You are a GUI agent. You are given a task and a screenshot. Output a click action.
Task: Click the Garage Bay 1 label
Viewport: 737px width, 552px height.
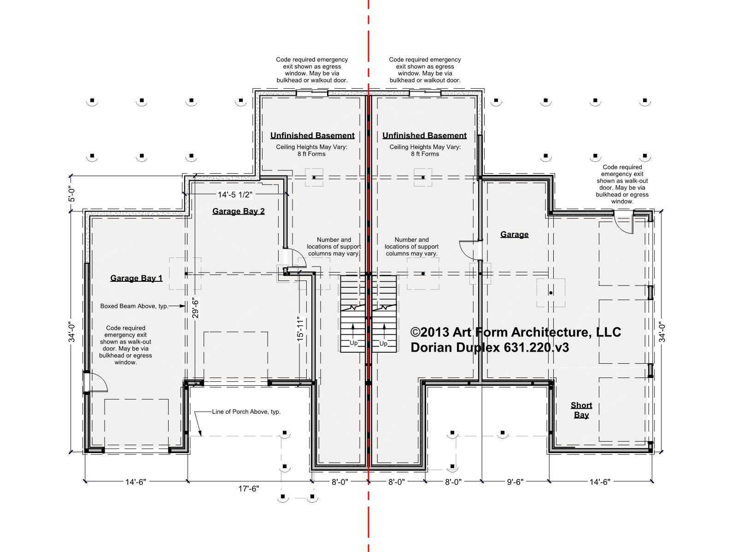136,278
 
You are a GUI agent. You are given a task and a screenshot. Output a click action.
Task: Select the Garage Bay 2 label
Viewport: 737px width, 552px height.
239,211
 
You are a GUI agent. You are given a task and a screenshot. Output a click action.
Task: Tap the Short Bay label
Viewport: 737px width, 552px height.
581,410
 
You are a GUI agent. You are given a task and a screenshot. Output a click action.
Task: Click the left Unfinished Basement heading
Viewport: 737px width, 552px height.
312,135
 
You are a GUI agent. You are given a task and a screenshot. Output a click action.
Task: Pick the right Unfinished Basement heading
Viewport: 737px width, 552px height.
424,135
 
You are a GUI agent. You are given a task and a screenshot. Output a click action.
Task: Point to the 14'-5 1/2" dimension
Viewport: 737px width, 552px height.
235,195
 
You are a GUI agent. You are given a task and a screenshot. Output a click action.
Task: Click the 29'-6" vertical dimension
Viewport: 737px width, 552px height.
195,308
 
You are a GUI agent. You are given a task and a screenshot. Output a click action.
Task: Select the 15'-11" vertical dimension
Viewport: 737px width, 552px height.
300,329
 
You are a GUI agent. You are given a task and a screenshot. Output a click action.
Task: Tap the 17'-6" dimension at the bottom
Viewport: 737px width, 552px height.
249,489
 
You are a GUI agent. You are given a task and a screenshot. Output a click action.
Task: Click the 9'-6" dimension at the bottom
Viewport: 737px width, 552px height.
515,482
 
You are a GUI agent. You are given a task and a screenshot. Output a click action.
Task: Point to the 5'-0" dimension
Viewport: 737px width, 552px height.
72,194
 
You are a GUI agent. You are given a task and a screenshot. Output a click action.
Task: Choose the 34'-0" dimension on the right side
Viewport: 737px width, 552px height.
662,332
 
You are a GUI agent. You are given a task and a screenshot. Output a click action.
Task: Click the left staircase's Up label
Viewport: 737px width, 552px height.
354,343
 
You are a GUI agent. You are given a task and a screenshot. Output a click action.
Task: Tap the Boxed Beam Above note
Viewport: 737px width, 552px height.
135,306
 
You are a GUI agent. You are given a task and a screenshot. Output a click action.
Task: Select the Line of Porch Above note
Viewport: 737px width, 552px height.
246,412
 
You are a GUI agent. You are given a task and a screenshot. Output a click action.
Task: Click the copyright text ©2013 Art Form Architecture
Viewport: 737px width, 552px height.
516,332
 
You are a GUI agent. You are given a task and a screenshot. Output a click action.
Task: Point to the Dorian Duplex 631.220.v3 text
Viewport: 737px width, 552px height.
490,347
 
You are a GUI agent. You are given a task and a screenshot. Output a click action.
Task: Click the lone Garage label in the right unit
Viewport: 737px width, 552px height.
515,234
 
